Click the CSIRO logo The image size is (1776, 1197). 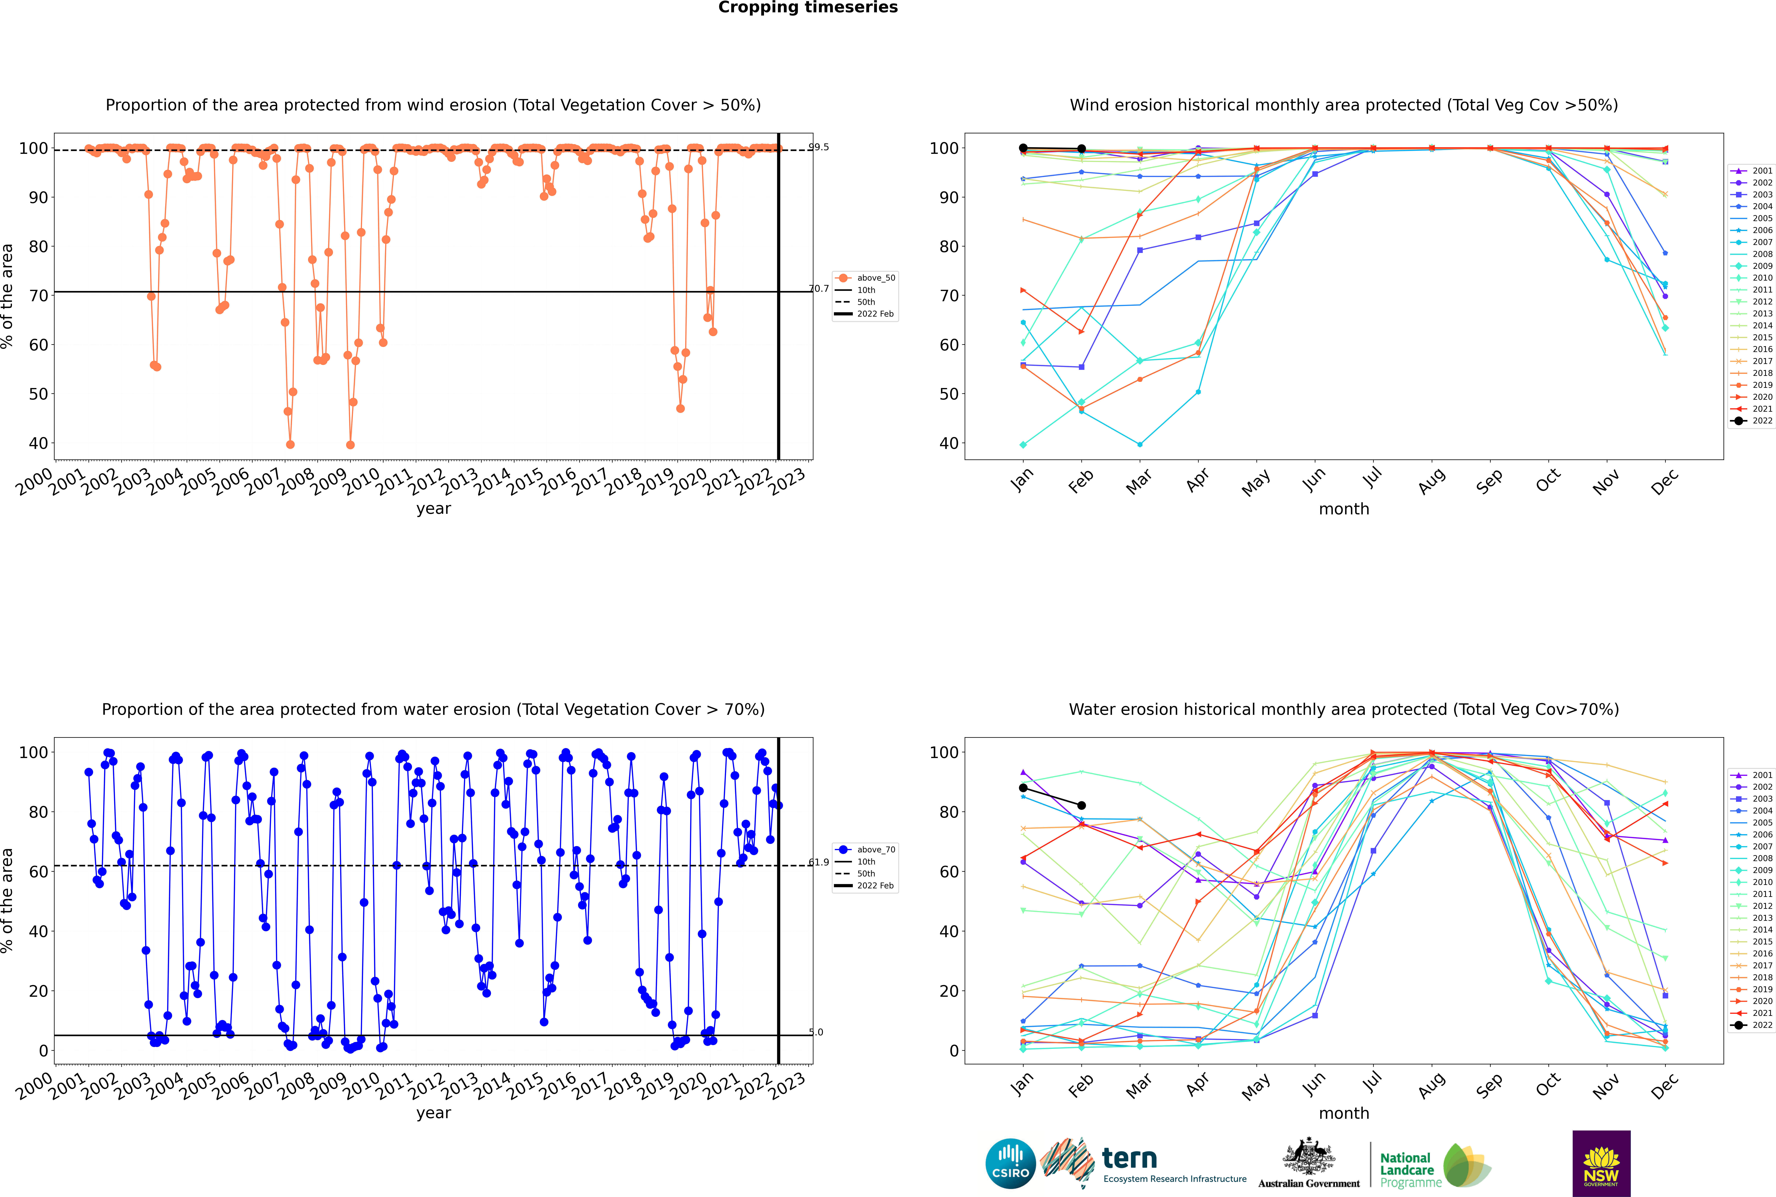(x=1010, y=1164)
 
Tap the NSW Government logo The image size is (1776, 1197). (x=1601, y=1163)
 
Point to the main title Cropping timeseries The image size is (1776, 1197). (x=808, y=8)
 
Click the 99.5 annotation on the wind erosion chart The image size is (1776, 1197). (x=819, y=147)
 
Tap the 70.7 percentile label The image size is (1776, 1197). (x=819, y=289)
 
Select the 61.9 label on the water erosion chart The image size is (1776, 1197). (x=819, y=863)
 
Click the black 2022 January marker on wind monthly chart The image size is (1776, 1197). (x=1023, y=148)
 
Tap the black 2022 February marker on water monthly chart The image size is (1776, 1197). (x=1081, y=805)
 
